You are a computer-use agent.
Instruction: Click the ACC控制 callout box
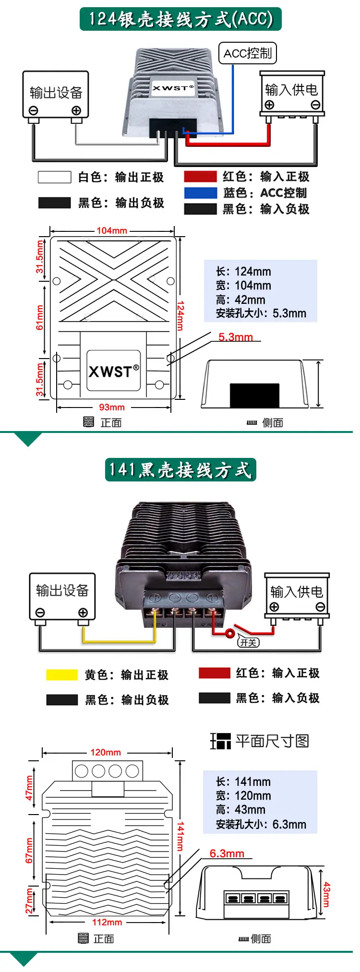coord(248,53)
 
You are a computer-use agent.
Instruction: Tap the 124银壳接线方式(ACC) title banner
coord(180,19)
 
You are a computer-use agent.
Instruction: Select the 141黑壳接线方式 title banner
coord(180,469)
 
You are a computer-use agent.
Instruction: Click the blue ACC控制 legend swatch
coord(201,193)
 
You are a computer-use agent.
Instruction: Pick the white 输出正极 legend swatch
coord(55,177)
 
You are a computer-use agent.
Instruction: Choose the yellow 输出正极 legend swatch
coord(62,675)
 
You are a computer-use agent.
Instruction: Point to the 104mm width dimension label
coord(112,230)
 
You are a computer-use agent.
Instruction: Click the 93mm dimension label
coord(112,407)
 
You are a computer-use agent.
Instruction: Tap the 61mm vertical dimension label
coord(40,317)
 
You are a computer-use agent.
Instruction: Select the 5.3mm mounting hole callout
coord(235,337)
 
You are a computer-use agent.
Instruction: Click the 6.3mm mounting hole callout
coord(227,853)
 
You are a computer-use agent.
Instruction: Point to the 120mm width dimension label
coord(106,752)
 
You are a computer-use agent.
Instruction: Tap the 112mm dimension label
coord(107,922)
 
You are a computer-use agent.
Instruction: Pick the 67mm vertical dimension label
coord(30,850)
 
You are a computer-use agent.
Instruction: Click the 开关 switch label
coord(249,642)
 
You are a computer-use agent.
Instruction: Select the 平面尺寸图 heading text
coord(272,741)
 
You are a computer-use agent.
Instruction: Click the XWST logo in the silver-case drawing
coord(114,371)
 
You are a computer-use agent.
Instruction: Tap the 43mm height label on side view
coord(326,894)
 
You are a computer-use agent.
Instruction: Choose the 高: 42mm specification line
coord(240,300)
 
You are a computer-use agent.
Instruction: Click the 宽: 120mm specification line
coord(243,795)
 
